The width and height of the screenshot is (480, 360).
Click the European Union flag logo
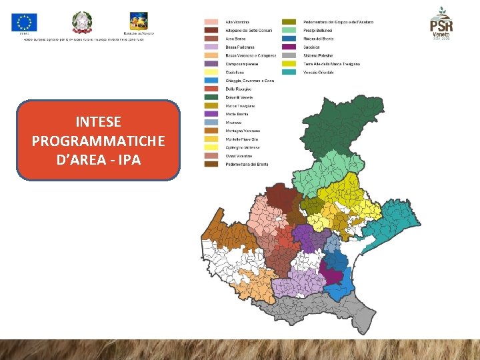tap(25, 23)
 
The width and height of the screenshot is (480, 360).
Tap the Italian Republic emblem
tap(82, 22)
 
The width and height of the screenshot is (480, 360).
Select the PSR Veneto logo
tap(441, 24)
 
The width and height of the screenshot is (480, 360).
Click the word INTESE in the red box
tap(99, 122)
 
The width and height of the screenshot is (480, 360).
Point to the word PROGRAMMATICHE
tap(99, 141)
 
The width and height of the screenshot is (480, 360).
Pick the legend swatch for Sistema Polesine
tap(289, 55)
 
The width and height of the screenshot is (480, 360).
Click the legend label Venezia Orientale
tap(318, 72)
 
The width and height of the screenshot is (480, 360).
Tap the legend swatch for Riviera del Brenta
tap(289, 39)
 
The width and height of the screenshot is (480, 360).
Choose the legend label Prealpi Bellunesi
tap(319, 30)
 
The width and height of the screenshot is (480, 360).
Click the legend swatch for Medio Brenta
tap(211, 114)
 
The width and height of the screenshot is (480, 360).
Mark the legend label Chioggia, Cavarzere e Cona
tap(250, 81)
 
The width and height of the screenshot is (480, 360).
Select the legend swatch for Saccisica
tap(289, 47)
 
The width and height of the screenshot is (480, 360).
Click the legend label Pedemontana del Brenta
tap(247, 164)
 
